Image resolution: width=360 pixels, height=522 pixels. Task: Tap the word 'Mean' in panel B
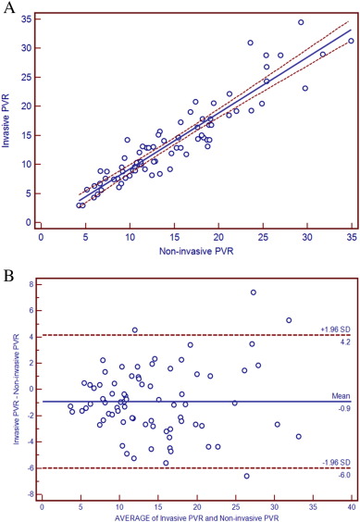coord(341,395)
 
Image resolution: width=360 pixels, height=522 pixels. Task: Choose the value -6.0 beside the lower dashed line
coord(341,473)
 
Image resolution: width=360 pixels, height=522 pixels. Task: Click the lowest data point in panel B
coord(247,476)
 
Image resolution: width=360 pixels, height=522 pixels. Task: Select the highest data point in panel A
coord(301,22)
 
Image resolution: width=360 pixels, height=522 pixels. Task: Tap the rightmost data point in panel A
coord(351,41)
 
